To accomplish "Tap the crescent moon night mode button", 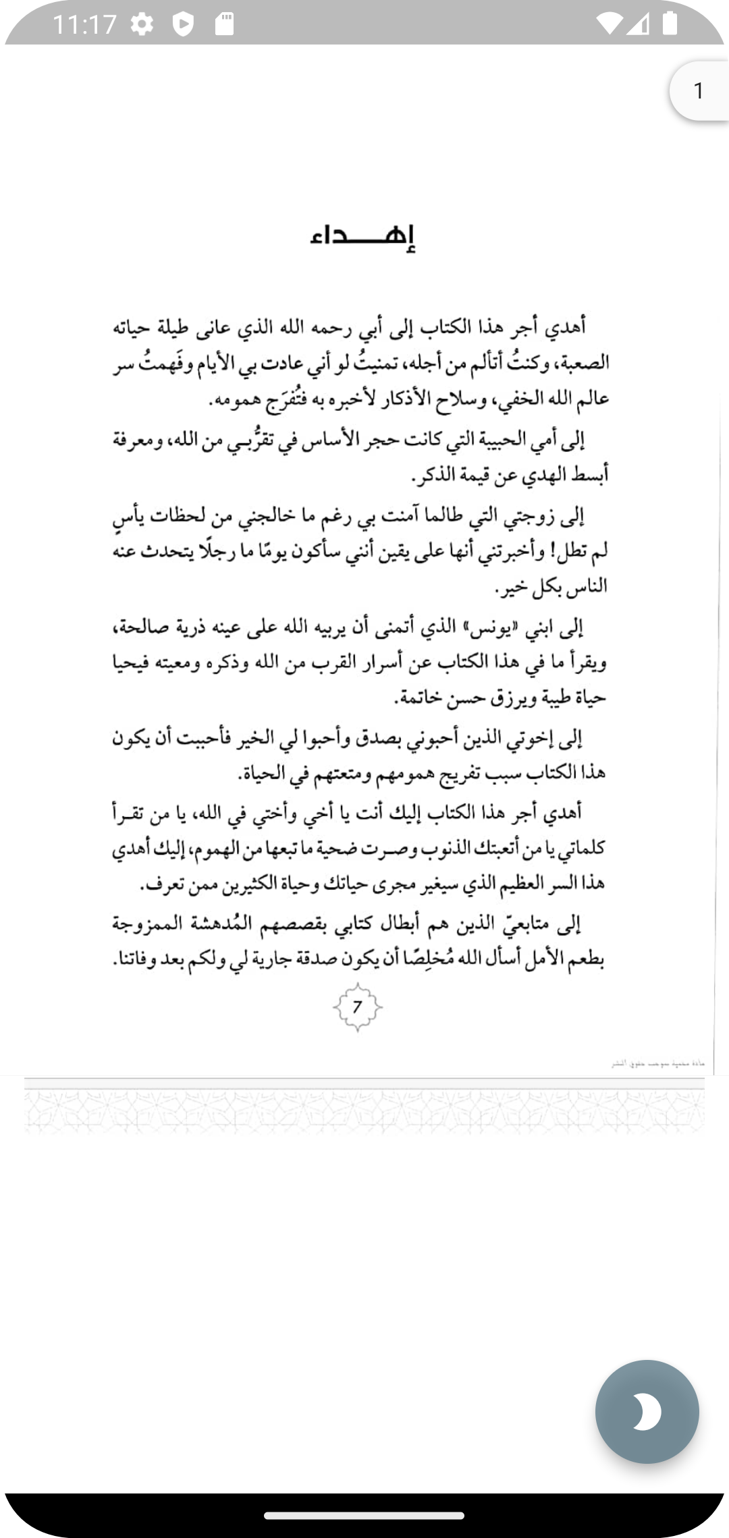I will point(647,1412).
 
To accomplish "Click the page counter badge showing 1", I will point(699,90).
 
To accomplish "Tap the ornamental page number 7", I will point(357,1007).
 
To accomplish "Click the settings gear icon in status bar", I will point(142,25).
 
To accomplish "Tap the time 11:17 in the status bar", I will point(84,25).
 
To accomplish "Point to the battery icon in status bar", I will point(670,24).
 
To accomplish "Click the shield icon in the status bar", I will point(183,25).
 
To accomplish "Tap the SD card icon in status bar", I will point(225,25).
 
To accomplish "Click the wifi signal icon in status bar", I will point(610,24).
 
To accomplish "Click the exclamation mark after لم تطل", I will point(555,553).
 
